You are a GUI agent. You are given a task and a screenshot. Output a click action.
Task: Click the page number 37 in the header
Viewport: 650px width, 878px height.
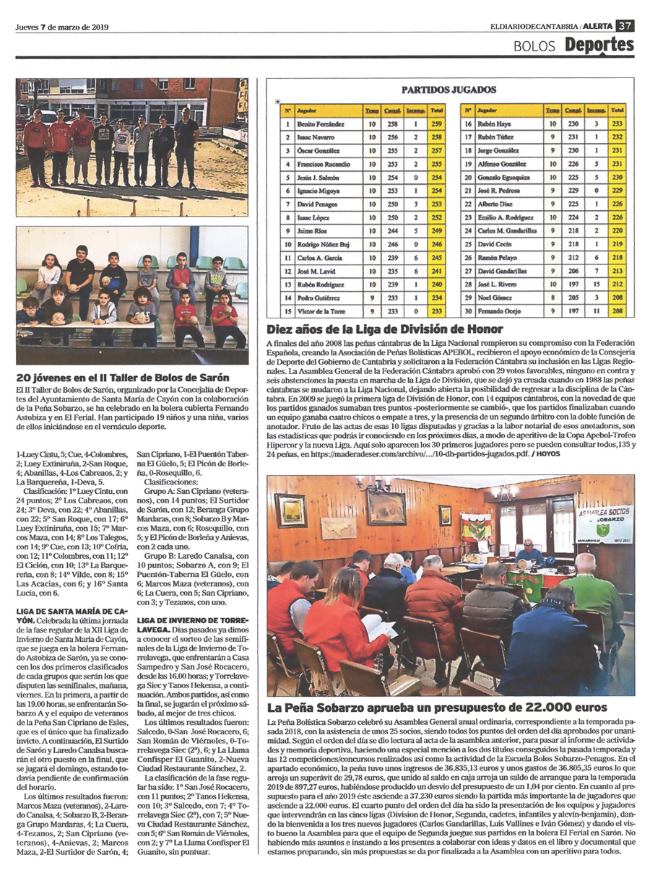pyautogui.click(x=625, y=27)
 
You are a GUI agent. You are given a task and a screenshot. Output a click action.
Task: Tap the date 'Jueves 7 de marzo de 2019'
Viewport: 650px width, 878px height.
pyautogui.click(x=61, y=27)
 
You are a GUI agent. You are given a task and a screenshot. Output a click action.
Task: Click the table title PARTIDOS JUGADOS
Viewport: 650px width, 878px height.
pyautogui.click(x=448, y=90)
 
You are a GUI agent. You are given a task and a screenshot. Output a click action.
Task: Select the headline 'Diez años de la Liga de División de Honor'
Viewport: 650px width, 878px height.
pyautogui.click(x=385, y=329)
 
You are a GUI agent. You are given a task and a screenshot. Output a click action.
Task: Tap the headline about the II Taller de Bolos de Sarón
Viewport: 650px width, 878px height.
pyautogui.click(x=123, y=378)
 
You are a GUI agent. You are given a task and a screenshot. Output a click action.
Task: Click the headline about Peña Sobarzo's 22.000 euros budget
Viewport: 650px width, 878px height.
pyautogui.click(x=437, y=708)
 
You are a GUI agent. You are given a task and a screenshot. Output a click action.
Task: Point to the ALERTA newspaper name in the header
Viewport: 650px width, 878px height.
pyautogui.click(x=597, y=27)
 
